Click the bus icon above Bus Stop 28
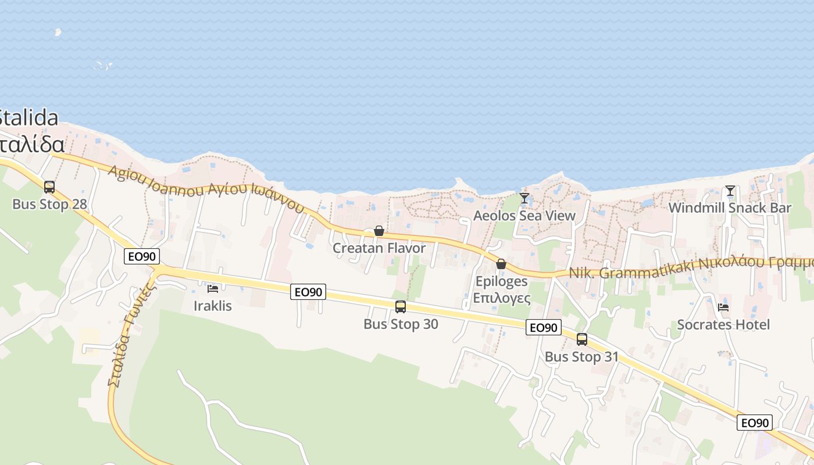[x=49, y=187]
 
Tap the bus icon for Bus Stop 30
[x=400, y=307]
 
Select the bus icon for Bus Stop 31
[x=581, y=339]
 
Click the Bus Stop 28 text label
[x=49, y=205]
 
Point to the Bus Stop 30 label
[x=401, y=324]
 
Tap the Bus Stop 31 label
[x=581, y=356]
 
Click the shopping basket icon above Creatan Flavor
[x=379, y=231]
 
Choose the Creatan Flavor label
[x=379, y=248]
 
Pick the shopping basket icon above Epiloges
[x=501, y=264]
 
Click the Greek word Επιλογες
[x=501, y=299]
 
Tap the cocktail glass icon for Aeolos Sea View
[x=524, y=198]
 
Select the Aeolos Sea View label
[x=524, y=216]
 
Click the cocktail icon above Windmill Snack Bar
[x=730, y=191]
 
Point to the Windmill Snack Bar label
[x=730, y=208]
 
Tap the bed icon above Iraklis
[x=213, y=288]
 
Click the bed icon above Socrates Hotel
[x=723, y=307]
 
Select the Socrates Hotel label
[x=723, y=324]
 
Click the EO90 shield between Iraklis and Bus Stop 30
[x=308, y=292]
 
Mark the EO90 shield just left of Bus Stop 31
[x=544, y=327]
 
